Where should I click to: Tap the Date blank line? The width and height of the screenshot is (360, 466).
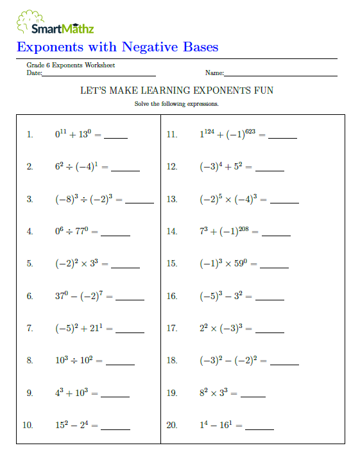pyautogui.click(x=99, y=76)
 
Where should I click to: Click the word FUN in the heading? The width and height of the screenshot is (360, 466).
pyautogui.click(x=263, y=91)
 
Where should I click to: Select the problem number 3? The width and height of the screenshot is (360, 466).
pyautogui.click(x=30, y=199)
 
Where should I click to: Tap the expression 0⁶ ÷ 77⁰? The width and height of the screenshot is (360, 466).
pyautogui.click(x=73, y=231)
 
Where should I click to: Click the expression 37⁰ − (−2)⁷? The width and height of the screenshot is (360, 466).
pyautogui.click(x=79, y=296)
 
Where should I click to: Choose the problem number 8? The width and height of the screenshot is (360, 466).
pyautogui.click(x=30, y=360)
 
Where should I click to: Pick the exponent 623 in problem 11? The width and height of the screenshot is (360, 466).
pyautogui.click(x=251, y=132)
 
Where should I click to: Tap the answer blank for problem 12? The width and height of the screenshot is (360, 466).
pyautogui.click(x=270, y=171)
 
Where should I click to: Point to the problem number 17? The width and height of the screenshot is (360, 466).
pyautogui.click(x=171, y=328)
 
